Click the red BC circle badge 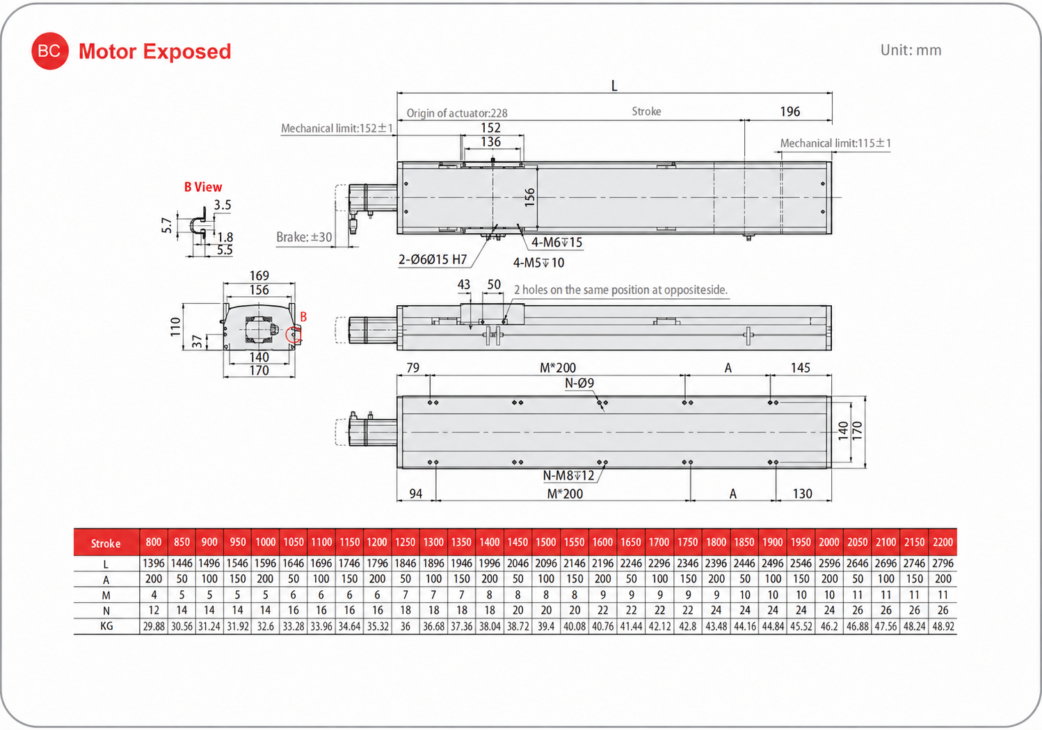(50, 51)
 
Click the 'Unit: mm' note (911, 50)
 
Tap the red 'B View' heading (203, 187)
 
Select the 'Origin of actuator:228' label (457, 113)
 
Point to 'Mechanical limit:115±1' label (835, 143)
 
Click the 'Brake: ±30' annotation (304, 237)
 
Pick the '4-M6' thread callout (556, 242)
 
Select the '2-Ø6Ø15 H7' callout (433, 259)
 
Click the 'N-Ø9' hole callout (579, 383)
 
